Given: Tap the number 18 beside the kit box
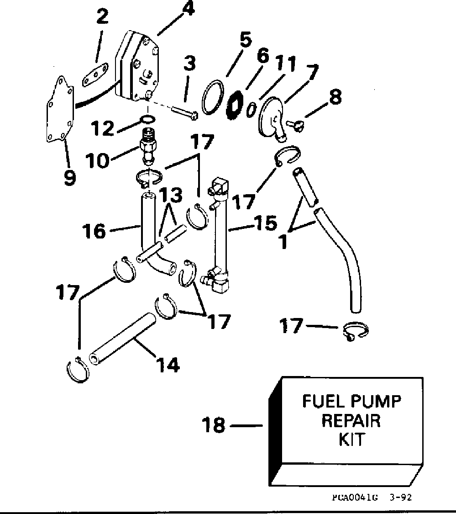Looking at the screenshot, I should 214,425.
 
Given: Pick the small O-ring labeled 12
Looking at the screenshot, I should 147,120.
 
